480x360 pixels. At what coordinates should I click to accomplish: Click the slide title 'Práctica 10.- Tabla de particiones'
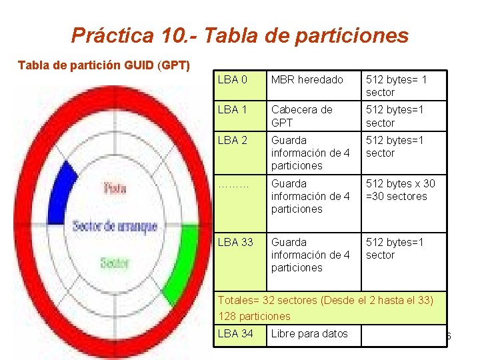239,35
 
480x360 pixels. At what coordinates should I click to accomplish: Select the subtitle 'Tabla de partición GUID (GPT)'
104,65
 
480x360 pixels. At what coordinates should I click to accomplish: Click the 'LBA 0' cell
232,80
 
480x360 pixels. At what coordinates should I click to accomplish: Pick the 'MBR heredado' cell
307,80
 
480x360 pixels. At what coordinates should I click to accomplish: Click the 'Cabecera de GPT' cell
301,116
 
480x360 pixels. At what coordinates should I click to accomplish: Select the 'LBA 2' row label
232,141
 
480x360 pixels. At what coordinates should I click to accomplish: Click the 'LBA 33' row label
235,242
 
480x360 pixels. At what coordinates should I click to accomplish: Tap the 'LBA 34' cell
235,333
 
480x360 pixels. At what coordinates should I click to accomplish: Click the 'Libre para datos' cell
309,333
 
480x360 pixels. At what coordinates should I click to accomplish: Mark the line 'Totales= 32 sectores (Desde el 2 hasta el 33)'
326,301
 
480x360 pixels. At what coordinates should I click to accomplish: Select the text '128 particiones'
254,316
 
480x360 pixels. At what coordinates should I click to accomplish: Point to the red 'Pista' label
115,189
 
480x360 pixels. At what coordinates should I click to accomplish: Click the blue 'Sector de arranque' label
115,225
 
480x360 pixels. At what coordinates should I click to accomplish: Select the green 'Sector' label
114,263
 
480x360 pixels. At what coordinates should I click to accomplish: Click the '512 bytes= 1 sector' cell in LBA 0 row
396,86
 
